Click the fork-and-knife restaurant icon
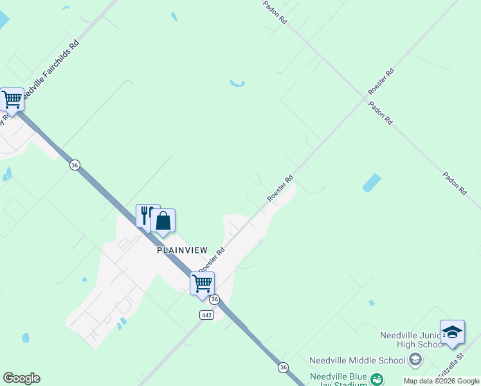pos(145,214)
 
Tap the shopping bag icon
pos(163,221)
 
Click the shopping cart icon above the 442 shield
pos(202,283)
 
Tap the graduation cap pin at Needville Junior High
pos(452,332)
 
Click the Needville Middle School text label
pos(357,360)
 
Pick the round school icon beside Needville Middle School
pos(415,360)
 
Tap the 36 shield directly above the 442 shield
pos(215,300)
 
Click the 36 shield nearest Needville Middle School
pos(283,367)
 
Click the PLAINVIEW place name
pos(183,251)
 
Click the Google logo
pos(21,378)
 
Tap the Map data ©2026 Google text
pos(440,381)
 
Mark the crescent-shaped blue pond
pos(237,84)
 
